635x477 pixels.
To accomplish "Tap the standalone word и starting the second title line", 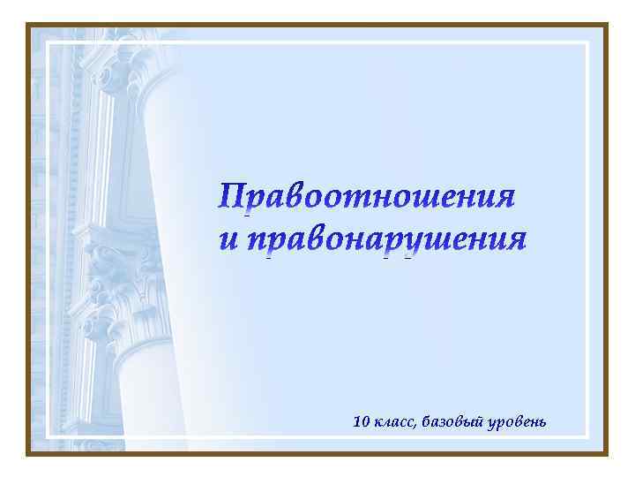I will click(228, 239).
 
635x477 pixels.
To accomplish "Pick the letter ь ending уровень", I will click(542, 422).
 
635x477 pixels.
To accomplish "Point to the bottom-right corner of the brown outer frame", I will click(607, 454).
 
